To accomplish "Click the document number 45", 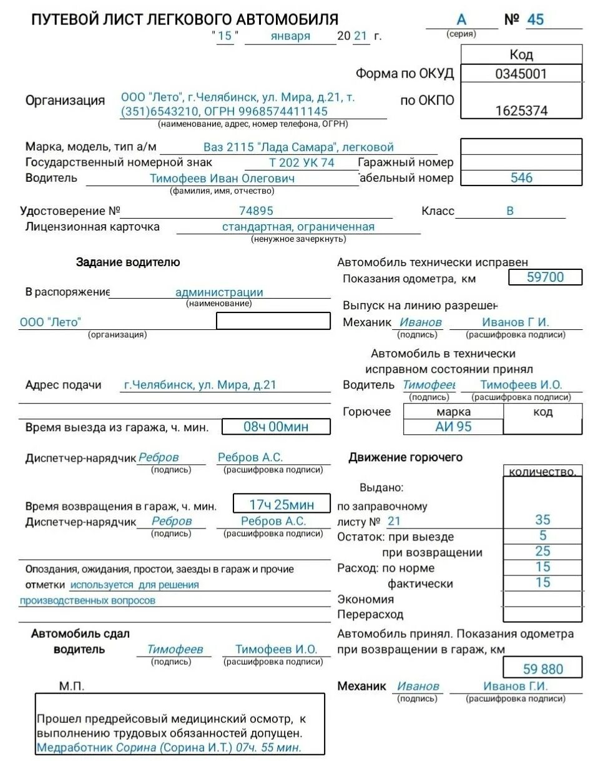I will [535, 19].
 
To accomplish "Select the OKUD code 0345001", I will [521, 74].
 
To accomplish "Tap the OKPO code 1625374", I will [521, 111].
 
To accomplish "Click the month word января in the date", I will [290, 36].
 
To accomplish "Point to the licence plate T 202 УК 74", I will [302, 162].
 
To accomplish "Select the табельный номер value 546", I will [521, 178].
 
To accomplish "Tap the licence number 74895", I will [256, 211].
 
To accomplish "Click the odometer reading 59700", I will [545, 277].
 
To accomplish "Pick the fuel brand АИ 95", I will [454, 427].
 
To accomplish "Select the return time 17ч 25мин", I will [282, 504].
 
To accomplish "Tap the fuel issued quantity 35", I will [542, 520].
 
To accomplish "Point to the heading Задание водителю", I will [128, 262].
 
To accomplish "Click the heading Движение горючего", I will [405, 457].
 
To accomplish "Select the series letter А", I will [461, 20].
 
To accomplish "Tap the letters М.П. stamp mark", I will [72, 686].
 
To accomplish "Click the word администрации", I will [219, 292].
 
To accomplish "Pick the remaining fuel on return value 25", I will [542, 551].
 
